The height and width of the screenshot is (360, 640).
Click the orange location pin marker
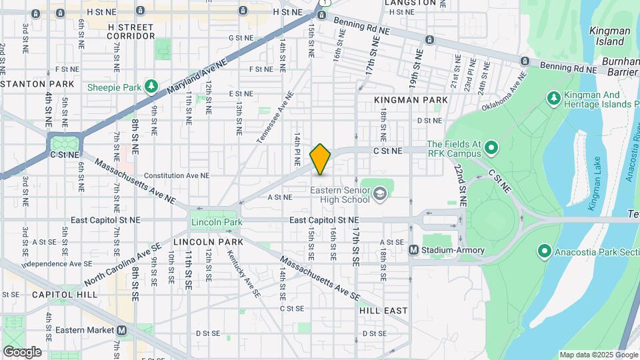320,159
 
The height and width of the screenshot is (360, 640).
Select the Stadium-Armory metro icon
413,250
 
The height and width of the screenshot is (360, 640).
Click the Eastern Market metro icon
122,330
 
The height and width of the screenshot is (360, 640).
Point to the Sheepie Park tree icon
152,87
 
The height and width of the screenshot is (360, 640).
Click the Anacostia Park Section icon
544,251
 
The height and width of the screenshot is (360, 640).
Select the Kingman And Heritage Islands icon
553,99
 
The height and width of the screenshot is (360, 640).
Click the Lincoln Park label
216,222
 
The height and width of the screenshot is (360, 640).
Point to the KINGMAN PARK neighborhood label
411,100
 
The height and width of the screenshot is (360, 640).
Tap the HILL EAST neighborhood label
383,311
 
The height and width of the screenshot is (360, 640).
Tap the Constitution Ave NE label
177,175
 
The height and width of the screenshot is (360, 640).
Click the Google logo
21,351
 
